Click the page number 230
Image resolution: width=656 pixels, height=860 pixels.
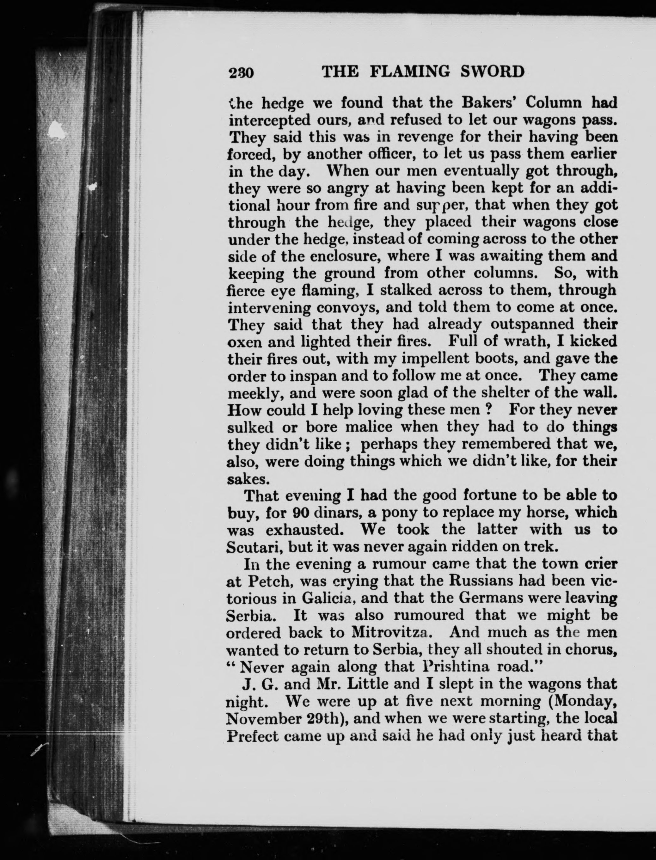(241, 73)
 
